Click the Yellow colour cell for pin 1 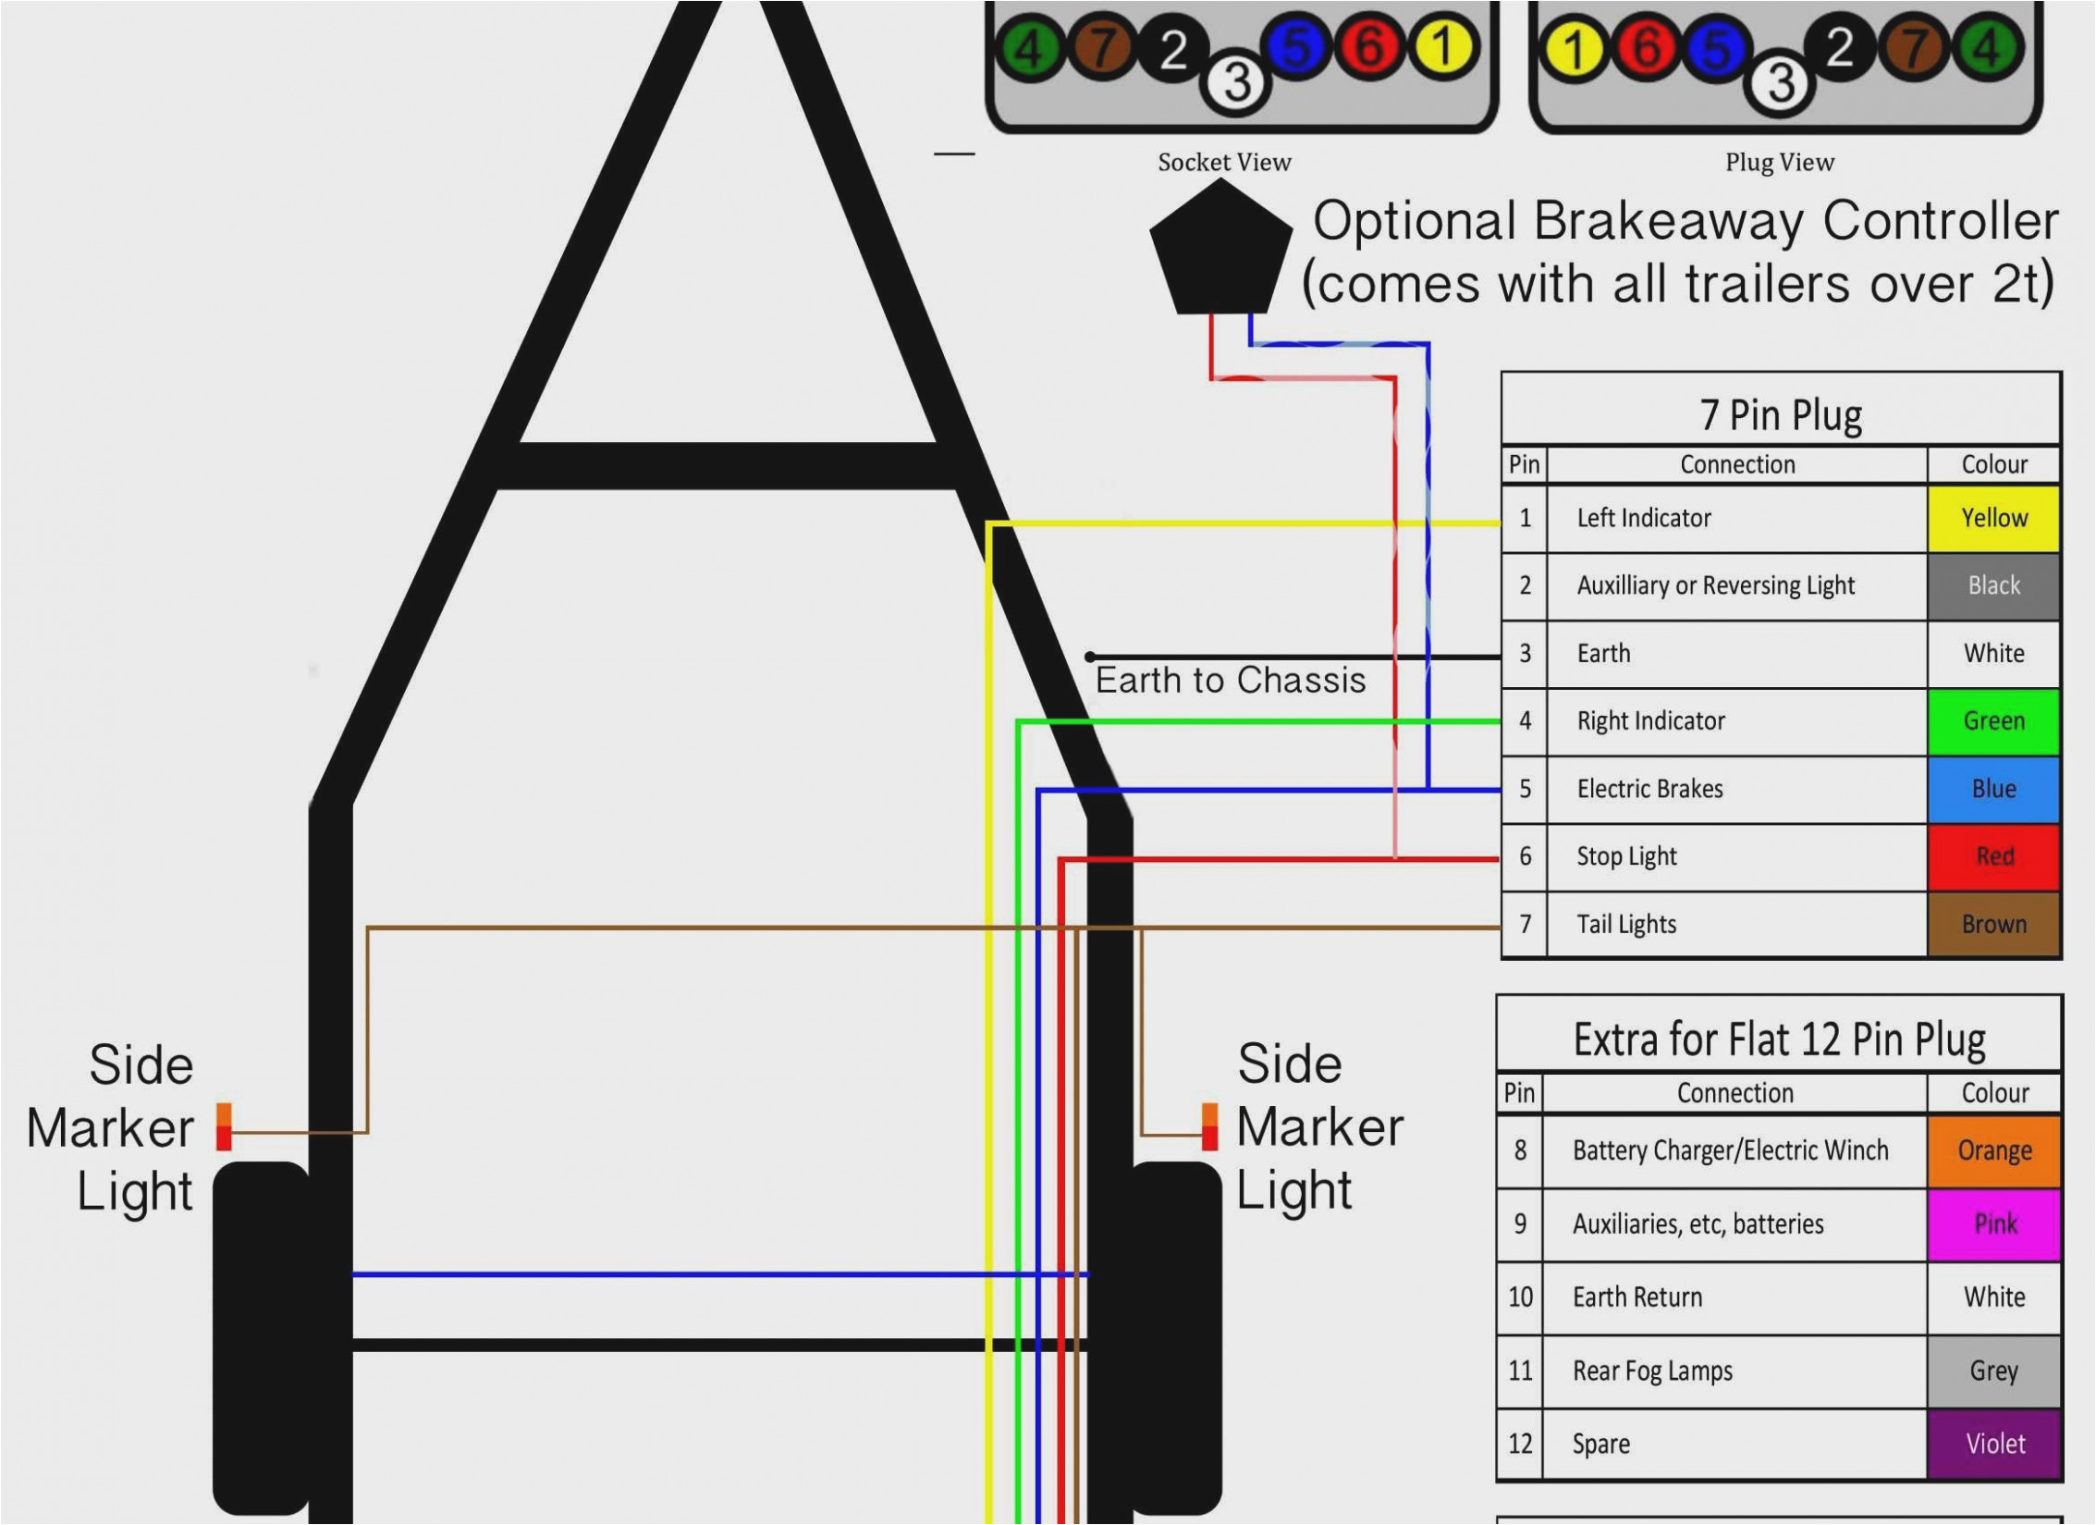1993,518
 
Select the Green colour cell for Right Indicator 1993,721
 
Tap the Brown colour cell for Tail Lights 1993,924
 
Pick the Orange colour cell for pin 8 1993,1150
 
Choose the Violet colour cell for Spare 1993,1444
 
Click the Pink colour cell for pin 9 1993,1224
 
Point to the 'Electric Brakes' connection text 1649,789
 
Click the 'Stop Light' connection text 1626,856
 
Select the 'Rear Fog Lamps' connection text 1652,1371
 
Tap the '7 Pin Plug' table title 1780,415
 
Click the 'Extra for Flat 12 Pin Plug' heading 1779,1039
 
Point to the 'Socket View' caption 1224,163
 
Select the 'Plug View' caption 1779,163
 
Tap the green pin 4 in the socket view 1028,48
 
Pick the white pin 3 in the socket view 1236,81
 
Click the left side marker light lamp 223,1126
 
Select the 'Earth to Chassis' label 1230,681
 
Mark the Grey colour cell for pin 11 1993,1371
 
